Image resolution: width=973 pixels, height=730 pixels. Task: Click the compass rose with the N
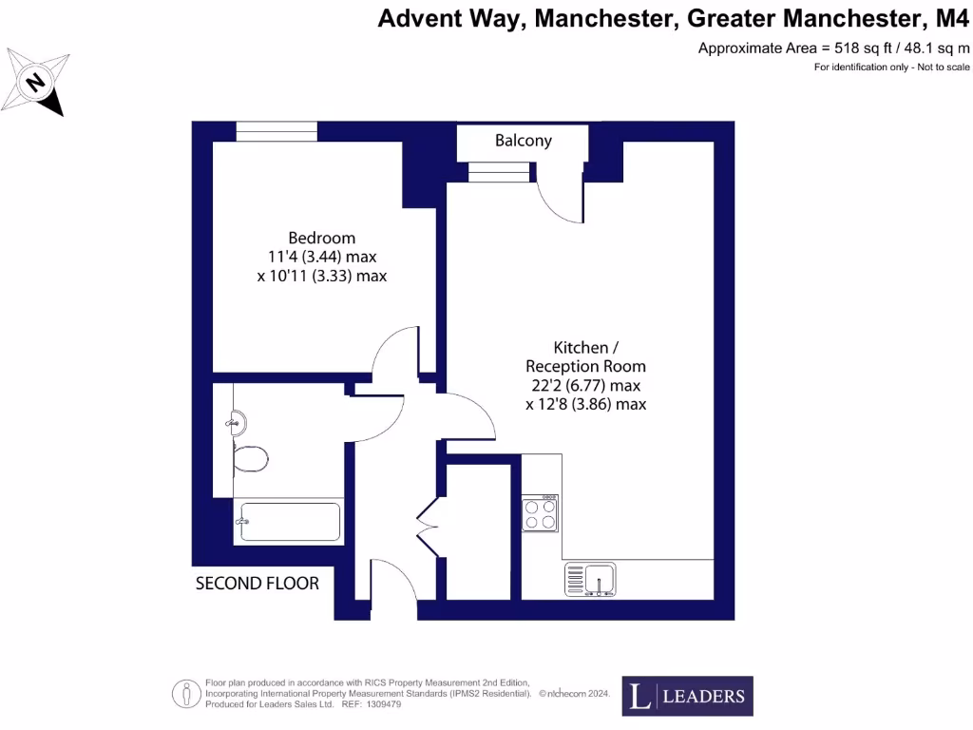35,83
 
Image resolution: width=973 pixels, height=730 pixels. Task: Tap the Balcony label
524,141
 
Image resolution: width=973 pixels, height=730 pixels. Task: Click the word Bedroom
322,238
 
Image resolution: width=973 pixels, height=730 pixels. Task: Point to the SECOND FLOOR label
258,583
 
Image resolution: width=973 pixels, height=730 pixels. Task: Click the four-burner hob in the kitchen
540,514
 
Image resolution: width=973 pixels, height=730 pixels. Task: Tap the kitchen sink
591,578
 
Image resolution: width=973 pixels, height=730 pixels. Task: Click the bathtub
288,522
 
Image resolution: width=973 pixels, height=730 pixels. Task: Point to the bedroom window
277,131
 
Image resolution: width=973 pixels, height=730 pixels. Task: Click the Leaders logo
687,696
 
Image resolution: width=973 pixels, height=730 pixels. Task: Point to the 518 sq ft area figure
847,48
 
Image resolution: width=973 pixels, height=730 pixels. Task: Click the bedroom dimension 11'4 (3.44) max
322,257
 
